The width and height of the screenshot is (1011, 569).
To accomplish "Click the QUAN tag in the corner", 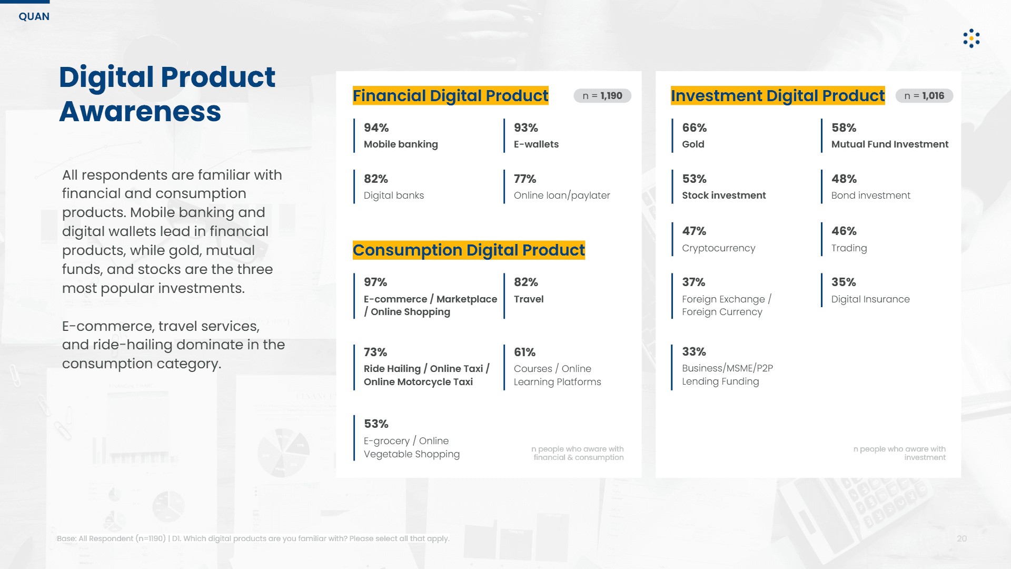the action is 34,16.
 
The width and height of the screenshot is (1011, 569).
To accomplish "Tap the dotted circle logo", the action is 972,38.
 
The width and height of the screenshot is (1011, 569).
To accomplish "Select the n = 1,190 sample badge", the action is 602,96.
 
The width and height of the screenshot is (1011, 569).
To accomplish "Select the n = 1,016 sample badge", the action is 924,96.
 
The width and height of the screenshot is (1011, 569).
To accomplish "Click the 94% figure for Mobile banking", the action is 376,128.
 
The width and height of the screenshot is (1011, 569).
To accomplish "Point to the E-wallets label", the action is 536,144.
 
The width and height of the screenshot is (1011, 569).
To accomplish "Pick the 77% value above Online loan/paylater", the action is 525,179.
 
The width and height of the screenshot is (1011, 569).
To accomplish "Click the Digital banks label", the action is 394,195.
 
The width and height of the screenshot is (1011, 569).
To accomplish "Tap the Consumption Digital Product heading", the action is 469,250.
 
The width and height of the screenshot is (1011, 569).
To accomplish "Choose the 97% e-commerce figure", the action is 375,282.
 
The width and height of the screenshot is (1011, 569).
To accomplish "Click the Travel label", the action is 529,299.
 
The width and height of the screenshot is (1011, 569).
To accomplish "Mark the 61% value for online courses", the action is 524,352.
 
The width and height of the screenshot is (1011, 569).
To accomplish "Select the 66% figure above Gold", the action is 695,128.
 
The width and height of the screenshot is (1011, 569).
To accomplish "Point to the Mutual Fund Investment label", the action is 890,144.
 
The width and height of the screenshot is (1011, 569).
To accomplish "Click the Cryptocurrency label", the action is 719,248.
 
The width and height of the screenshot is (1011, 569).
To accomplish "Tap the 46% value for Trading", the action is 844,231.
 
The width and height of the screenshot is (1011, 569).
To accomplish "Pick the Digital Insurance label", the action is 870,299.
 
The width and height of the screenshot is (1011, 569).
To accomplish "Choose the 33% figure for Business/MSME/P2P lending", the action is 694,352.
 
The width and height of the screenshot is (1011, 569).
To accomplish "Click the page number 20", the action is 962,538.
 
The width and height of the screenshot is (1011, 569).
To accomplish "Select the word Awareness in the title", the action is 140,112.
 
